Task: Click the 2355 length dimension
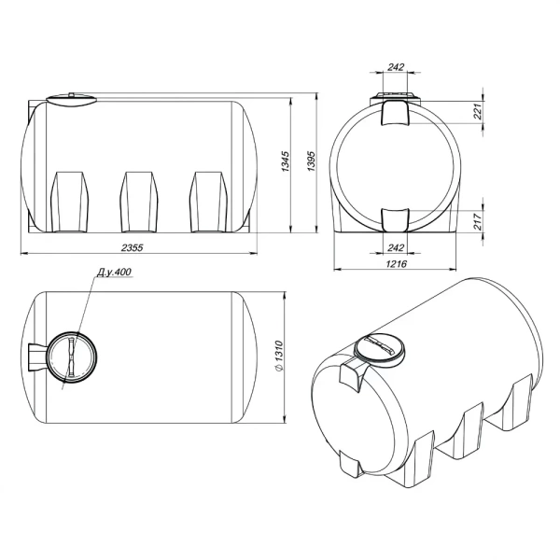point(133,247)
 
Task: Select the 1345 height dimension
point(286,161)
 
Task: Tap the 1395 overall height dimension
point(312,161)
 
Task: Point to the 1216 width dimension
point(397,264)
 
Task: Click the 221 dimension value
point(478,112)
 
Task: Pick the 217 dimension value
point(478,221)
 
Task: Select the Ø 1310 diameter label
point(279,357)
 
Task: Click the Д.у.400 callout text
point(114,273)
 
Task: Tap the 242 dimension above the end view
point(396,67)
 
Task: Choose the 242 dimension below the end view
point(396,247)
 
